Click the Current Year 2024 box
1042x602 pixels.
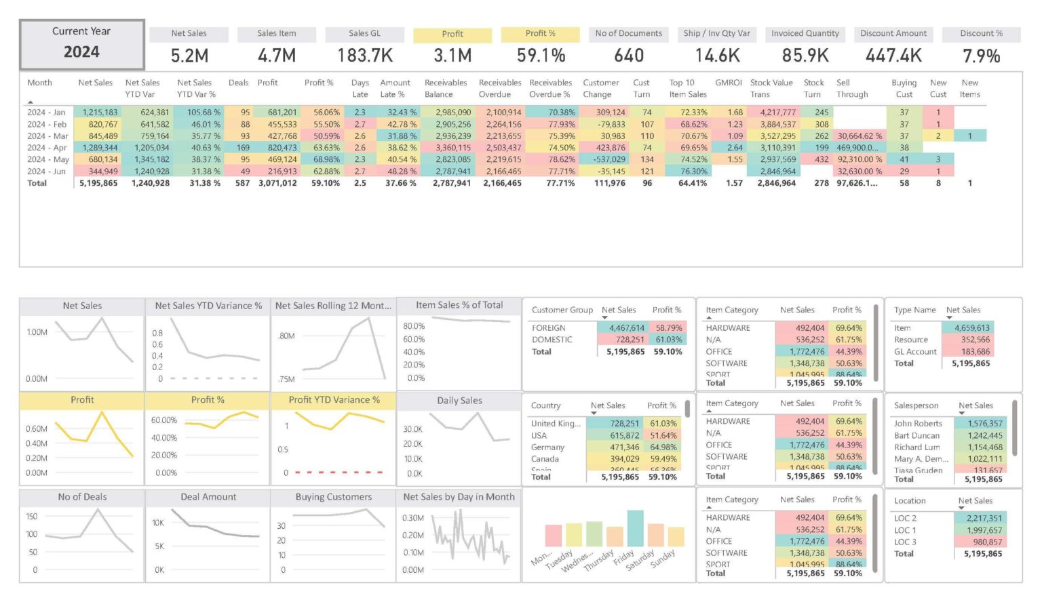81,44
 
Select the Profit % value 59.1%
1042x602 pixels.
541,56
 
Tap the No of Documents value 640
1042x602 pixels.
628,56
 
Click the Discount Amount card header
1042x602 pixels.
893,33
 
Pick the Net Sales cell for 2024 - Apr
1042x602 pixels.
100,148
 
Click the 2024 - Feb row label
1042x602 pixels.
47,124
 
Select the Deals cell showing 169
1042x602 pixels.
243,148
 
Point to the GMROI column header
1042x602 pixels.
729,83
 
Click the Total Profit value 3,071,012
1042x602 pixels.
277,183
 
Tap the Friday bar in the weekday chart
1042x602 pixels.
635,528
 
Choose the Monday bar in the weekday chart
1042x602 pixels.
553,535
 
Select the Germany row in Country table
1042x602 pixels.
547,447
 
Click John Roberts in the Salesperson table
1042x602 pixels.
917,424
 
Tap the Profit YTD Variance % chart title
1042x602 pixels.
334,400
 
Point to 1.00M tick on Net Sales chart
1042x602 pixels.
37,332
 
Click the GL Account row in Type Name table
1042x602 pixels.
914,352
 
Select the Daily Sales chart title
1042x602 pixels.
459,401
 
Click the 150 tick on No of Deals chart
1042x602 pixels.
31,517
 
